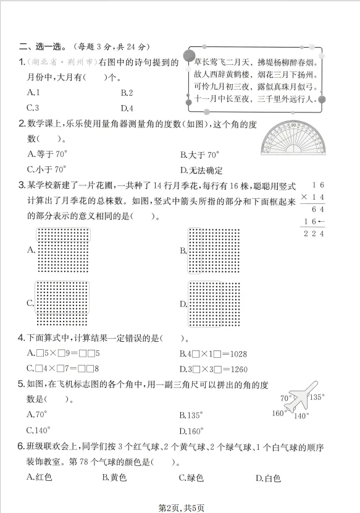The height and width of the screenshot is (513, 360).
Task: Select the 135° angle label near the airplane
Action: pyautogui.click(x=317, y=397)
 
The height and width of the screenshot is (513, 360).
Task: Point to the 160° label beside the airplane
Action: pyautogui.click(x=279, y=413)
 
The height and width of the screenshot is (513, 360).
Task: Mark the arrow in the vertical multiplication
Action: pyautogui.click(x=322, y=221)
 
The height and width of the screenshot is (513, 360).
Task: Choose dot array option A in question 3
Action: pyautogui.click(x=64, y=249)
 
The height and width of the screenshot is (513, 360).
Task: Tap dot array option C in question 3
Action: pyautogui.click(x=64, y=303)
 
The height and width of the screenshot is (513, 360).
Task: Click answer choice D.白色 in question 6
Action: pyautogui.click(x=268, y=478)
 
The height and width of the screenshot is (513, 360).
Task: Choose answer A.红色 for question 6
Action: pyautogui.click(x=40, y=478)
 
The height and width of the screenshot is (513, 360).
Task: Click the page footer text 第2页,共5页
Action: pyautogui.click(x=181, y=507)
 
